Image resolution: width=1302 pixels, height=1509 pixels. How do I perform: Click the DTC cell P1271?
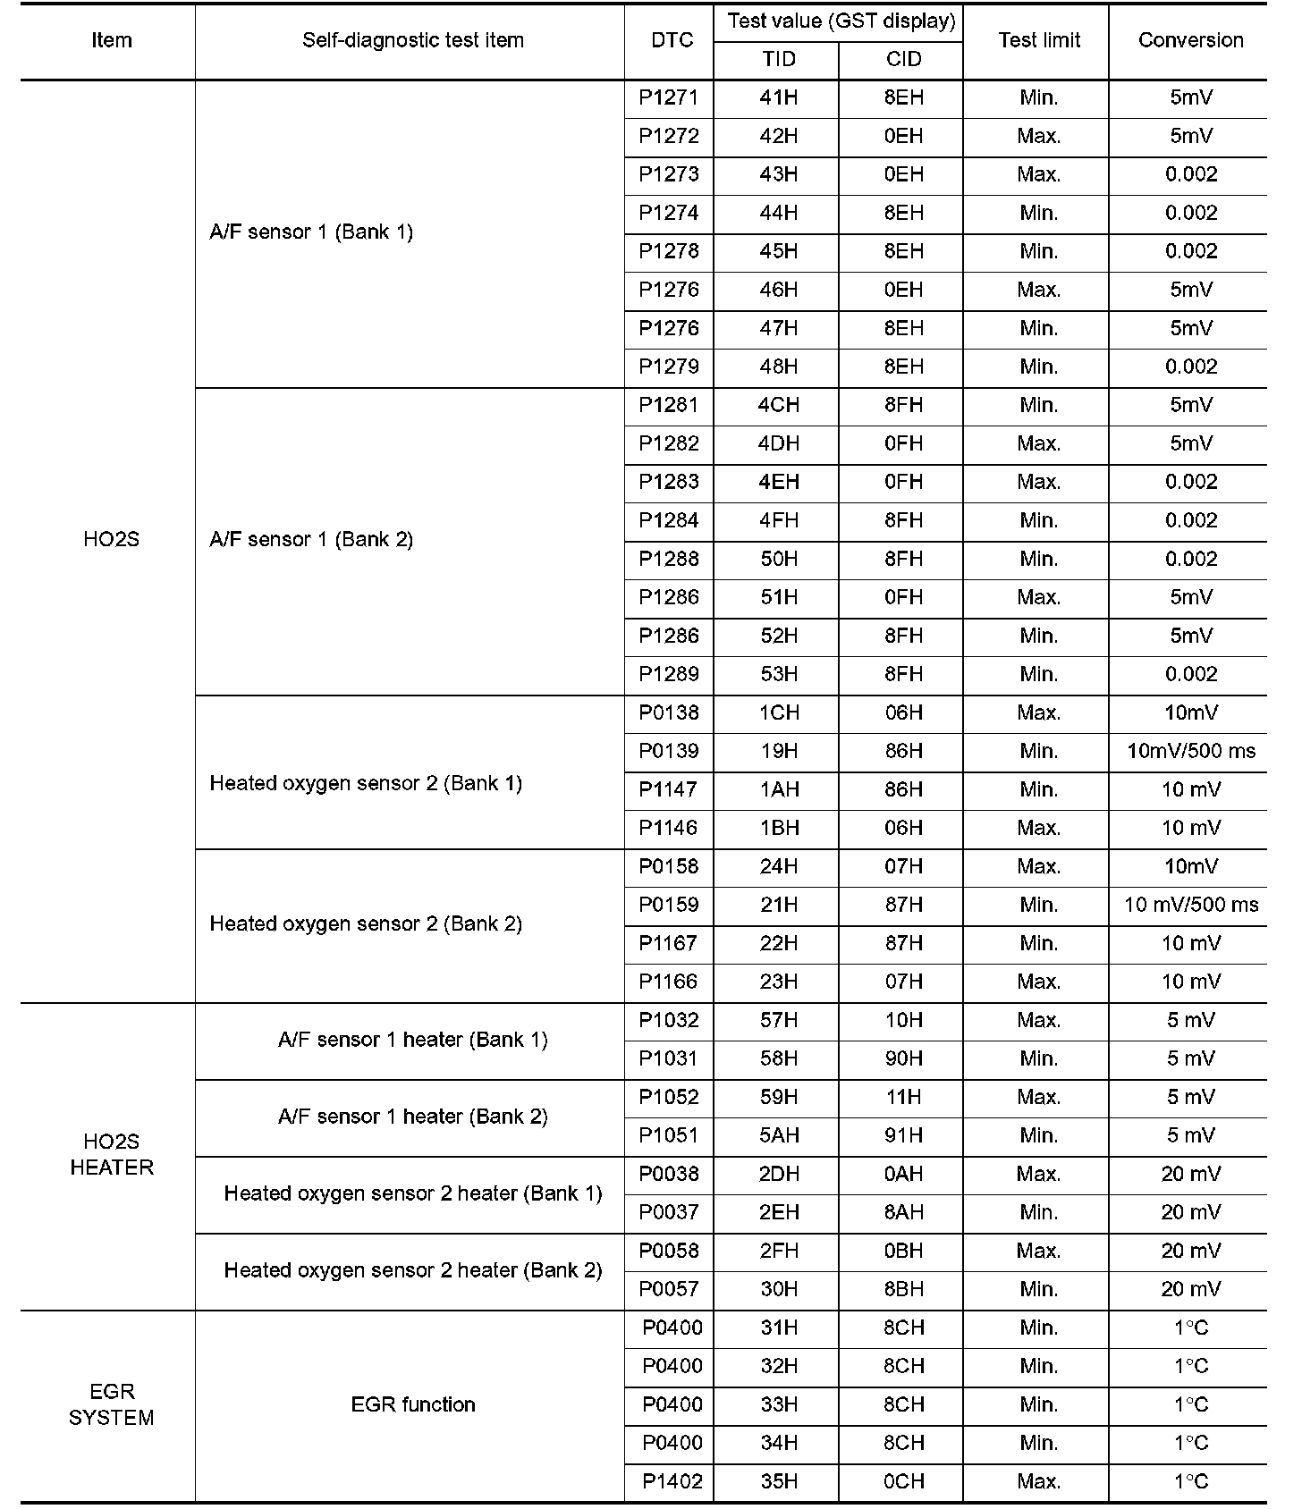668,97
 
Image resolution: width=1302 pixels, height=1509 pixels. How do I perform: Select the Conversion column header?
1190,40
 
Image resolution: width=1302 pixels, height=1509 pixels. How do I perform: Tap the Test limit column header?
1039,40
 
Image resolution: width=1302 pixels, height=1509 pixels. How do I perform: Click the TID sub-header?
778,59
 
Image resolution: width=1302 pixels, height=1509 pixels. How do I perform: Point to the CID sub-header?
903,59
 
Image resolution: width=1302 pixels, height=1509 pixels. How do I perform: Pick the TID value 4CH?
778,405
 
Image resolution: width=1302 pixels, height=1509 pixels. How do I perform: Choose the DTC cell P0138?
668,712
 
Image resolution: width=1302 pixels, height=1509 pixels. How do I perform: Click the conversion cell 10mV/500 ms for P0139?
1190,751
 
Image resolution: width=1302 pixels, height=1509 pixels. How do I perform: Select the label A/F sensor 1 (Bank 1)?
311,232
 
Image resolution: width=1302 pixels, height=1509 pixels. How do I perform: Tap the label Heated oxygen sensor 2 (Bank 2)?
366,923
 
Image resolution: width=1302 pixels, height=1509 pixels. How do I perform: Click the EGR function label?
412,1404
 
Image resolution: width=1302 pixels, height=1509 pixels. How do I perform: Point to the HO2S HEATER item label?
112,1154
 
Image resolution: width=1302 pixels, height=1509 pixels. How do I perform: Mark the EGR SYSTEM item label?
112,1404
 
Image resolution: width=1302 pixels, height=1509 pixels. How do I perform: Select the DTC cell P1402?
672,1481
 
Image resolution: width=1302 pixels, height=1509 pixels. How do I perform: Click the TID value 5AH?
778,1135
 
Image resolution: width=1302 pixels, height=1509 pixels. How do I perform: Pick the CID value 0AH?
903,1174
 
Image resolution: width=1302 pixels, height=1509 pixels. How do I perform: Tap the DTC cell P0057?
668,1289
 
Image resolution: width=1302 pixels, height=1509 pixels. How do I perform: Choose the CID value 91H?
903,1135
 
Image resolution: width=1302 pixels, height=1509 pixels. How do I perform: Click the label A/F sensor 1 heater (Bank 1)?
412,1040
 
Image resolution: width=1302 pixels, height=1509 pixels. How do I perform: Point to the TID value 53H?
778,674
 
